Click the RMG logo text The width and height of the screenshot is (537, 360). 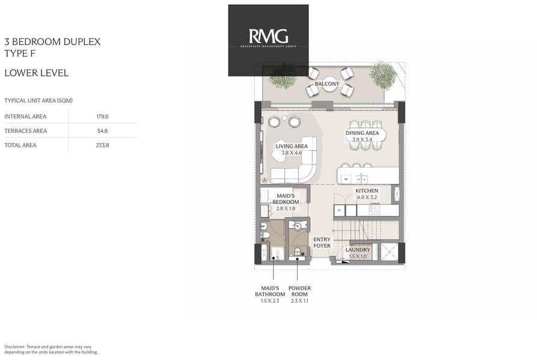pos(268,36)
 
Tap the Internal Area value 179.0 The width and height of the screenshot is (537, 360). pos(102,117)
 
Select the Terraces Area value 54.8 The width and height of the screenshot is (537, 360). pos(102,131)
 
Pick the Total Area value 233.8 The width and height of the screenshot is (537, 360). pos(102,145)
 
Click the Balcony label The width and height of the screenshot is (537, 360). pos(327,84)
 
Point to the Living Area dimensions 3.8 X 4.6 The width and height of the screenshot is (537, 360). pos(292,153)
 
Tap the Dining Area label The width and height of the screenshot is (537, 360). pos(363,133)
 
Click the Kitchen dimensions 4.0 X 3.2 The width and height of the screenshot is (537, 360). pos(367,197)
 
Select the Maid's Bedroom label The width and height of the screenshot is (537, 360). pos(286,199)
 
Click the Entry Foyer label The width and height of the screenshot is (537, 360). pos(322,243)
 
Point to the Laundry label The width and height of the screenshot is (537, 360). pos(358,250)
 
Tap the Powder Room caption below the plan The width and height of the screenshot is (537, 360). pos(299,291)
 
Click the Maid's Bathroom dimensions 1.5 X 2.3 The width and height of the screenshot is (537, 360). pos(270,301)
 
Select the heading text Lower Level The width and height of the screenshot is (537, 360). pos(37,73)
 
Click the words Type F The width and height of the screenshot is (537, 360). pos(20,53)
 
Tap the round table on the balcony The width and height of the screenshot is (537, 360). pos(329,84)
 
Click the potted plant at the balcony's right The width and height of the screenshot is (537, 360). pos(383,75)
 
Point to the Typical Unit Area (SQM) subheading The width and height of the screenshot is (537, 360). pos(38,100)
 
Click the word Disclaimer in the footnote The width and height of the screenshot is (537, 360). pos(14,347)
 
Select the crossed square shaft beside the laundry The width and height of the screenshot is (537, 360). pos(388,252)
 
